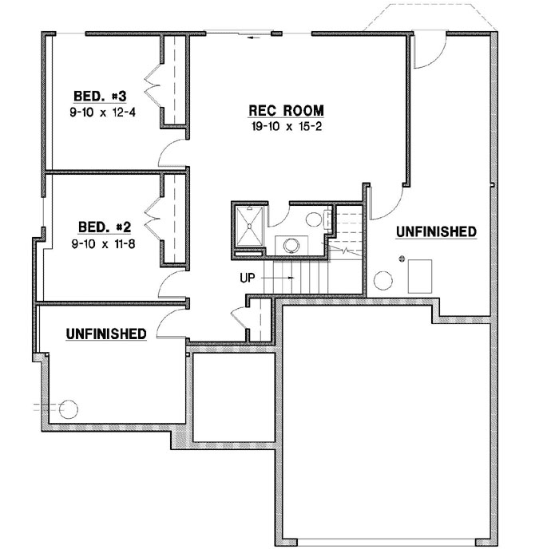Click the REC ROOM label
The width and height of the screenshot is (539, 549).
[287, 111]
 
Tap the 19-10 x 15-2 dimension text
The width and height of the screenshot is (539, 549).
[287, 125]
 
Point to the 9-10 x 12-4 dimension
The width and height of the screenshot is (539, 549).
[103, 112]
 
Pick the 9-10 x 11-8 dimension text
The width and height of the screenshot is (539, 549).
[101, 243]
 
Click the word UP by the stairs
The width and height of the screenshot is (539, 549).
[248, 278]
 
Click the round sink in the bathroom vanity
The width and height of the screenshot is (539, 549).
[289, 243]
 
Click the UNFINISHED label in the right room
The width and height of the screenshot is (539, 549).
[436, 231]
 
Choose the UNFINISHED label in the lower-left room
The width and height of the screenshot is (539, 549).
[106, 334]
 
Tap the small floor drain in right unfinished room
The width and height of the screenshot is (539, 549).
[403, 259]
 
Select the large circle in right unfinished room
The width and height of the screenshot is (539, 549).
[384, 280]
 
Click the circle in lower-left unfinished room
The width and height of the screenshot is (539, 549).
[69, 410]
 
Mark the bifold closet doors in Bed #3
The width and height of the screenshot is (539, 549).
[152, 83]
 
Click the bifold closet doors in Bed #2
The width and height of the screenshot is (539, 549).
[152, 216]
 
